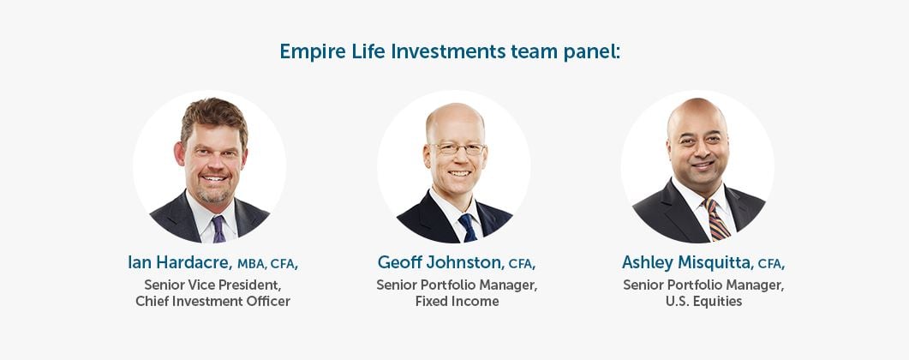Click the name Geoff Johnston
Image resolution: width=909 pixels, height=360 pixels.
tap(440, 262)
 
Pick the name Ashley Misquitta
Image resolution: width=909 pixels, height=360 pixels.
tap(686, 262)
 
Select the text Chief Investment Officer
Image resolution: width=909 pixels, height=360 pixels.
tap(212, 302)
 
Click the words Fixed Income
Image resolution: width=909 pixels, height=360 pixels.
tap(457, 302)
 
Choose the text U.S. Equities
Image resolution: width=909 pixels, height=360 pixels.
tap(703, 302)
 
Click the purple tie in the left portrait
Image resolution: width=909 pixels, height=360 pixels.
tap(218, 228)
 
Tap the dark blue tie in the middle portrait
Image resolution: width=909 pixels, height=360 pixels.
tap(467, 227)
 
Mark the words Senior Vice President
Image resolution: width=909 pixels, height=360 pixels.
tap(212, 285)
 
